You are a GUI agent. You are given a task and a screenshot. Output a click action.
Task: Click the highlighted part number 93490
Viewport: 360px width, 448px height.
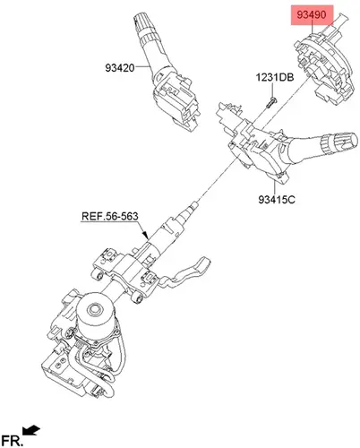pos(312,14)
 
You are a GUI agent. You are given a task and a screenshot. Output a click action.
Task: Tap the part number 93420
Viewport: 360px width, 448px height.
pos(120,68)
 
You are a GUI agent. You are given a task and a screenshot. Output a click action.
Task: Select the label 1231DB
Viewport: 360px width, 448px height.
pos(275,77)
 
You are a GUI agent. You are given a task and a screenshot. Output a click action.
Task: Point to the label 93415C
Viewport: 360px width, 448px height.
pos(277,199)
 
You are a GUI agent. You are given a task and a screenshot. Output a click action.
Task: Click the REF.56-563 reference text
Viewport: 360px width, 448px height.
pos(110,216)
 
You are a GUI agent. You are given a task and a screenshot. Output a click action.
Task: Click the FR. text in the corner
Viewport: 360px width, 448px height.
pos(12,441)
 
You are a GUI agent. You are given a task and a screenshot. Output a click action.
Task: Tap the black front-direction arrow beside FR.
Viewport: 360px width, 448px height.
pos(31,430)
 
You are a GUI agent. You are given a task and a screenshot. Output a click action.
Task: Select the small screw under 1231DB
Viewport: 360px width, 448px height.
pos(271,102)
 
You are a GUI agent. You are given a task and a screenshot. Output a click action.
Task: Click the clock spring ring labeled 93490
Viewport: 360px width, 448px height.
pos(325,69)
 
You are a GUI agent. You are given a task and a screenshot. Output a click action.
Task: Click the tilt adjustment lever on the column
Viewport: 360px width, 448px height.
pos(185,273)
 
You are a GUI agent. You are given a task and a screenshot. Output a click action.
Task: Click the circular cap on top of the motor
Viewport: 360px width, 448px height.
pos(95,308)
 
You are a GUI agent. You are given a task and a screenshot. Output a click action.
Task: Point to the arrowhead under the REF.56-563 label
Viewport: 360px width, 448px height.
pos(145,236)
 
